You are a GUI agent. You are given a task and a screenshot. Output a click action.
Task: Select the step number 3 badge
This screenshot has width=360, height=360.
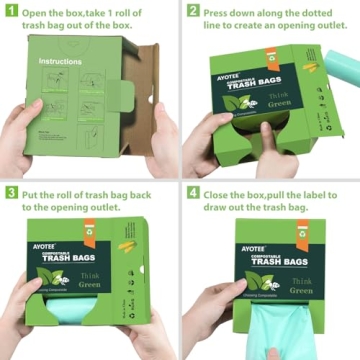pyautogui.click(x=10, y=192)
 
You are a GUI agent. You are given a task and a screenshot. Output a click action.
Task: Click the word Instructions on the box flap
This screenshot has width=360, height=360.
pyautogui.click(x=61, y=63)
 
